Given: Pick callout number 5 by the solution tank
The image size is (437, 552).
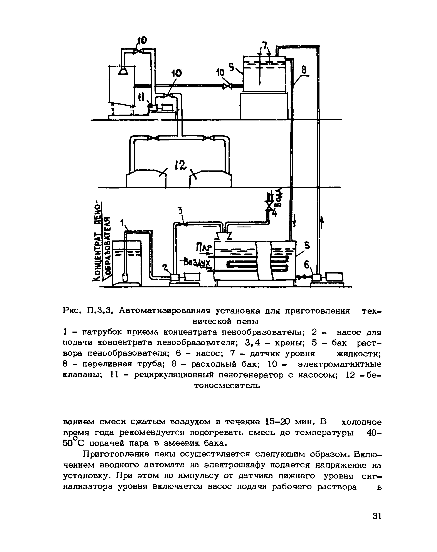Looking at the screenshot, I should click(307, 246).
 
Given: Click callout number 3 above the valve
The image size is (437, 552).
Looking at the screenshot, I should click(180, 211).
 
